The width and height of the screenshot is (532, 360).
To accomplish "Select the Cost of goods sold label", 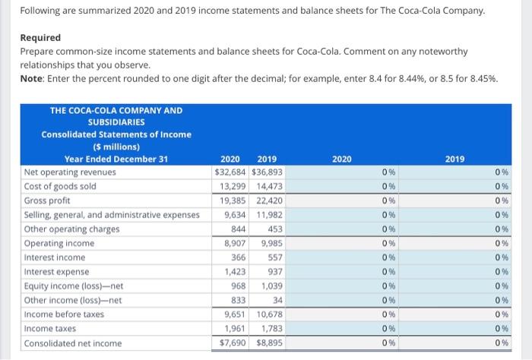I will tap(61, 186).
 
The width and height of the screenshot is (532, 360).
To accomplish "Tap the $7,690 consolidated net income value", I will tap(228, 343).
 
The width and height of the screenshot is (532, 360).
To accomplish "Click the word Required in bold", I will tap(40, 37).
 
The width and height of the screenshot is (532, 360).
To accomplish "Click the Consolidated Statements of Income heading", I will tap(116, 134).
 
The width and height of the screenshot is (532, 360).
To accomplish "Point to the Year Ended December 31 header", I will tap(116, 159).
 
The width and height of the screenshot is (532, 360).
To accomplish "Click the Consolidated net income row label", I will tap(73, 343).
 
